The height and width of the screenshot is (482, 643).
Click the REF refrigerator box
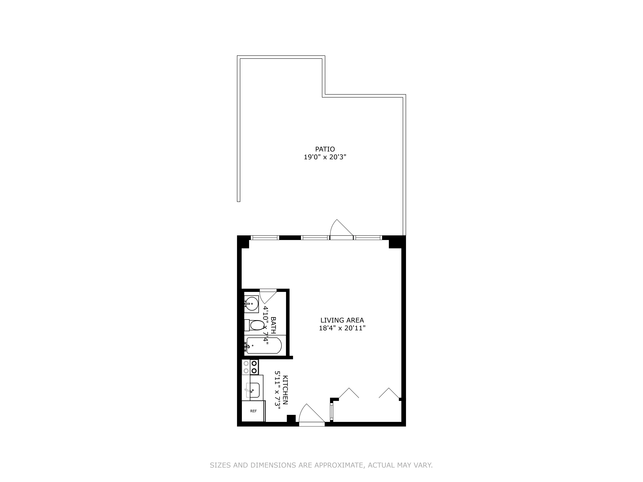[253, 411]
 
